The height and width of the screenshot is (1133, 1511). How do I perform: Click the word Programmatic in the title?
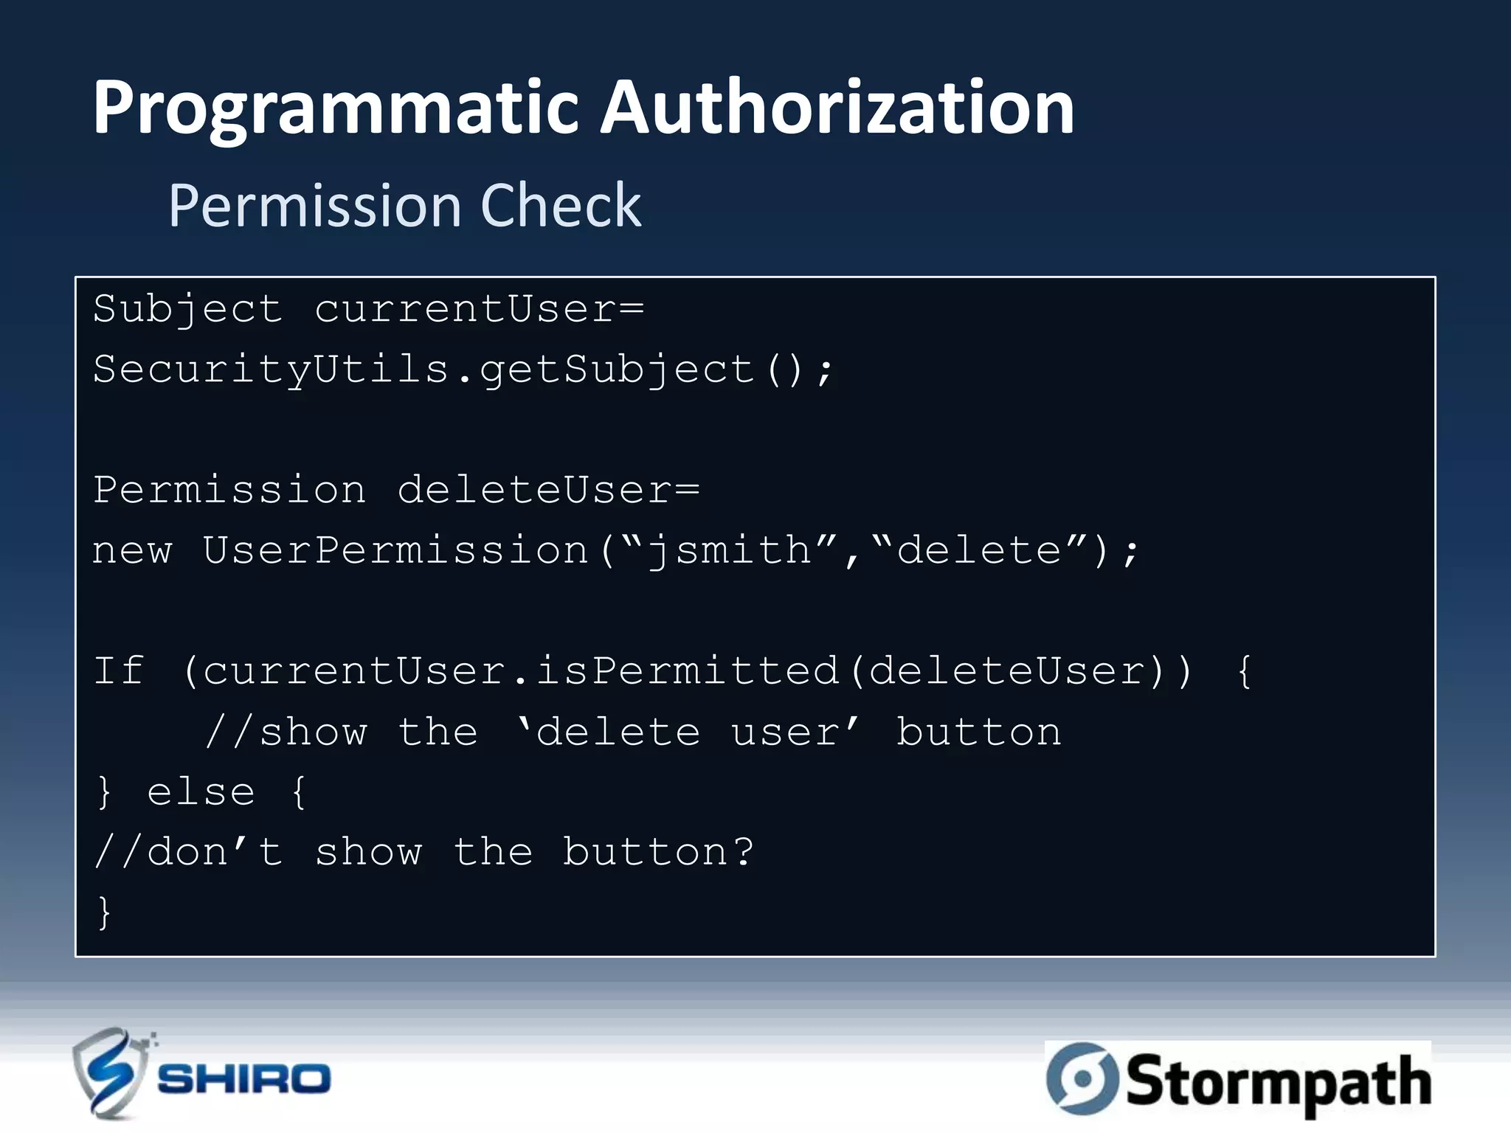tap(335, 109)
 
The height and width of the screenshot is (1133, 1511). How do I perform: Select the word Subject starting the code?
tap(187, 309)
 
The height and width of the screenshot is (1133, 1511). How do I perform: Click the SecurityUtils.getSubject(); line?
tap(463, 370)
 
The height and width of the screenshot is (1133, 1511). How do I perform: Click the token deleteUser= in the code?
tap(548, 490)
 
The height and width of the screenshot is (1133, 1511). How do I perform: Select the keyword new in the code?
tap(132, 551)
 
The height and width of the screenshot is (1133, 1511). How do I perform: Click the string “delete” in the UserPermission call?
tap(978, 550)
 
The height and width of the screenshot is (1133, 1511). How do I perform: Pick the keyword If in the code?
tap(118, 671)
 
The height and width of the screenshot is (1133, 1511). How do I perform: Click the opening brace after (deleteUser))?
tap(1244, 671)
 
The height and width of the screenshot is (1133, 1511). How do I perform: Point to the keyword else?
tap(201, 792)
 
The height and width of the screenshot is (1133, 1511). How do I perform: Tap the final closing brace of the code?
tap(104, 913)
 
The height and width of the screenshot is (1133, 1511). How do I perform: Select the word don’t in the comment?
tap(215, 853)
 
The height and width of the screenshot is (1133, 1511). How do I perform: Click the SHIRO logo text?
tap(244, 1079)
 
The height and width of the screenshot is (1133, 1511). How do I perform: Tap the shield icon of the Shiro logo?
tap(110, 1073)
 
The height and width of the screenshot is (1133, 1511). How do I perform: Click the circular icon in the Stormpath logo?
tap(1082, 1078)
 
